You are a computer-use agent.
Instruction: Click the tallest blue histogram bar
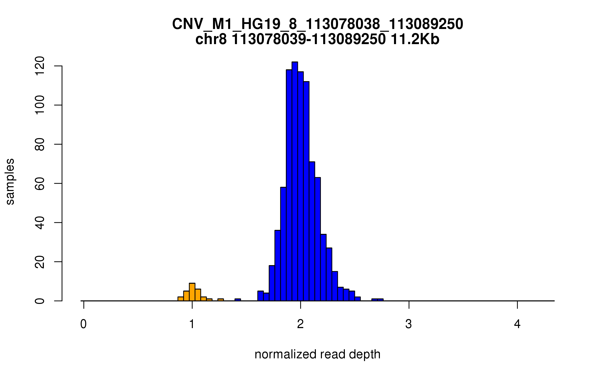(295, 181)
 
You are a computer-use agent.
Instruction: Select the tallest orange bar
(192, 292)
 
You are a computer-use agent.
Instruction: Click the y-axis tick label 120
(40, 66)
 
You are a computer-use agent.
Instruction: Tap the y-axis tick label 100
(40, 105)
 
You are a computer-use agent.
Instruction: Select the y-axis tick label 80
(40, 144)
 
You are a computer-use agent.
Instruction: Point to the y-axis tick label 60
(40, 183)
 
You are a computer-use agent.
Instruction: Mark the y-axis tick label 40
(40, 223)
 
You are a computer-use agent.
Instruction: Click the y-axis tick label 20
(40, 262)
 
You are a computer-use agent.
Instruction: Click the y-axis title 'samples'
(10, 181)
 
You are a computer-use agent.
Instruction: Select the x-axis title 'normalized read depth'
(317, 355)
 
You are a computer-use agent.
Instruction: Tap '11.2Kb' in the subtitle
(415, 40)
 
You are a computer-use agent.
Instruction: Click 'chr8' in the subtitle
(211, 40)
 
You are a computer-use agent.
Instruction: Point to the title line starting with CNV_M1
(317, 24)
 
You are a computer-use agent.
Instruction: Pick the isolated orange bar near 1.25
(221, 300)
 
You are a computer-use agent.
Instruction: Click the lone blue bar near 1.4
(238, 300)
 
